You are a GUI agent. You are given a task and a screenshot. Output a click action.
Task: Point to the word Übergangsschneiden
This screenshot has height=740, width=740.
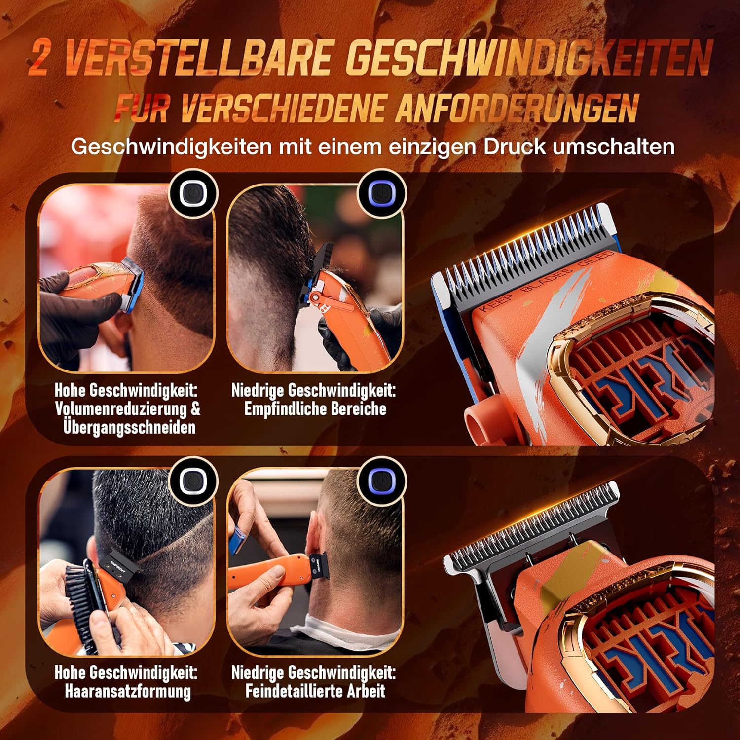point(129,427)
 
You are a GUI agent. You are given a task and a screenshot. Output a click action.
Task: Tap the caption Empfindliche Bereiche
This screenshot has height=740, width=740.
point(315,409)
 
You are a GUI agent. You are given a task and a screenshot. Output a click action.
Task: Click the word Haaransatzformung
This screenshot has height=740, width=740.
point(127,691)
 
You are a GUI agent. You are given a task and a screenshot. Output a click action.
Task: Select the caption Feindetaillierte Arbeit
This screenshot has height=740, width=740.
point(315,691)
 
